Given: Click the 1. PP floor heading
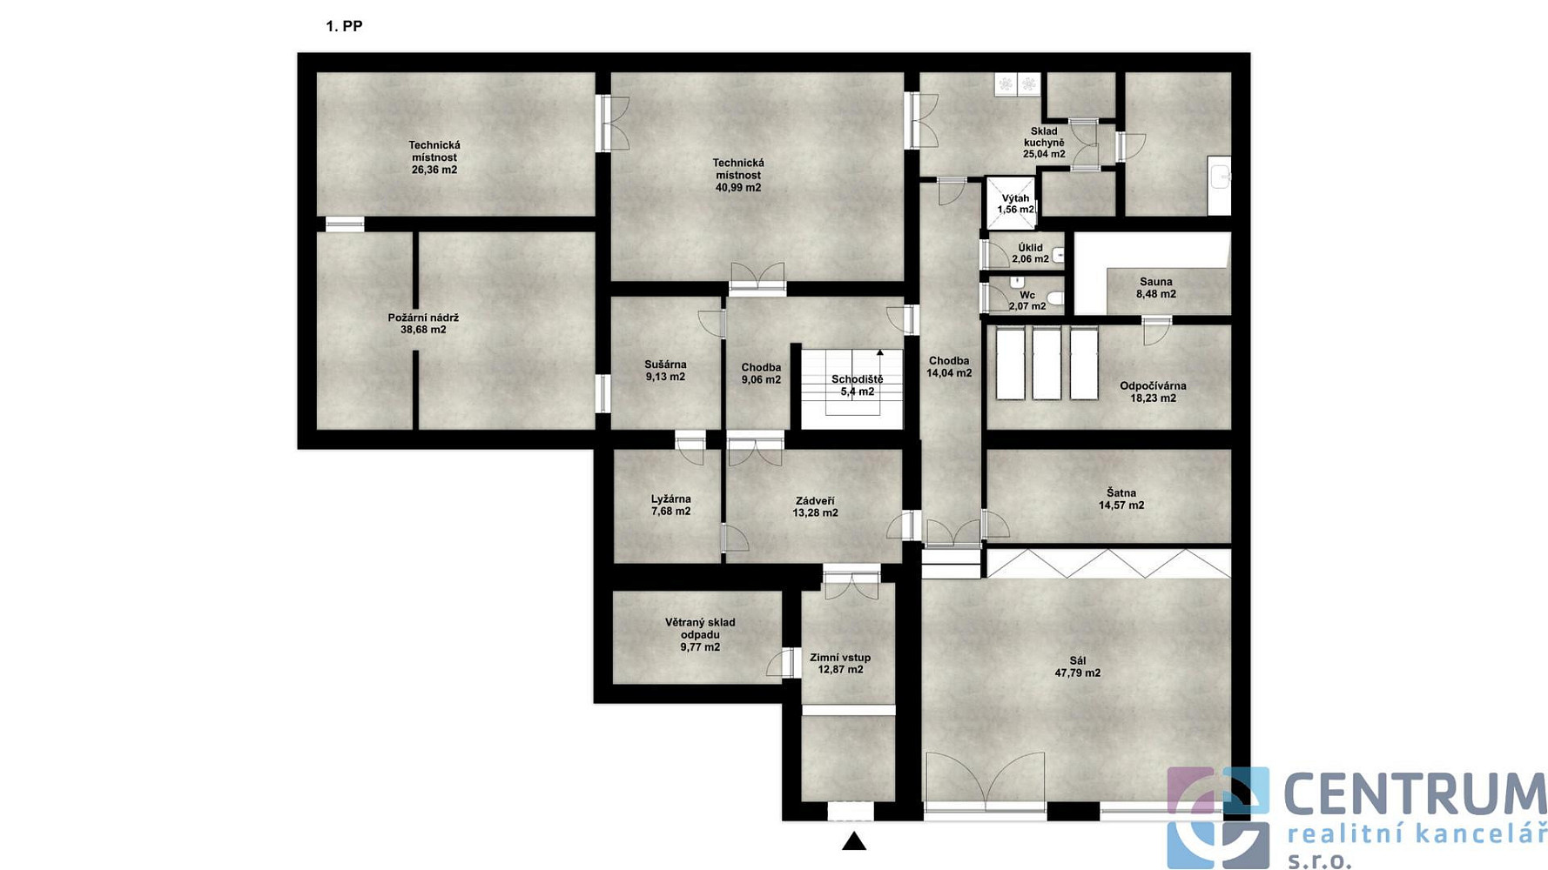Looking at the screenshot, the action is (344, 26).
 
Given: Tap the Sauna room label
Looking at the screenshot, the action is (1155, 282).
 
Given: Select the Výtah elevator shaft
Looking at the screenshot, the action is (1011, 203).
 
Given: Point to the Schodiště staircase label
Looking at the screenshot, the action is (857, 379).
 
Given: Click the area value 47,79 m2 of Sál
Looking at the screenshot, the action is (1078, 673).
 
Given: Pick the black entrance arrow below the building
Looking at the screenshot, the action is (853, 840).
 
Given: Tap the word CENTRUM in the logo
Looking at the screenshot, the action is (1415, 795).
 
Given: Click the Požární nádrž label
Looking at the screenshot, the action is (423, 318).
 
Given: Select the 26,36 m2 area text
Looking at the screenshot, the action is (434, 170).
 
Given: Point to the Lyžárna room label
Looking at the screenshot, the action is (670, 499).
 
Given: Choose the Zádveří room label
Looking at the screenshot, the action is (815, 501).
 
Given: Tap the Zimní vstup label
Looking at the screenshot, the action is (840, 658).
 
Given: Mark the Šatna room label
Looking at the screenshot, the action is (1121, 493).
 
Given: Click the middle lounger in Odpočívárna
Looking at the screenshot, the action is (1047, 363).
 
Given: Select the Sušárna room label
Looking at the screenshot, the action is (665, 365).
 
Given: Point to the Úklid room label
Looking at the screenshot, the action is (1030, 248).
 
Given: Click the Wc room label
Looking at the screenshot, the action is (1027, 295).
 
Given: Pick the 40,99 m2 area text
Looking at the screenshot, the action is (738, 187).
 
